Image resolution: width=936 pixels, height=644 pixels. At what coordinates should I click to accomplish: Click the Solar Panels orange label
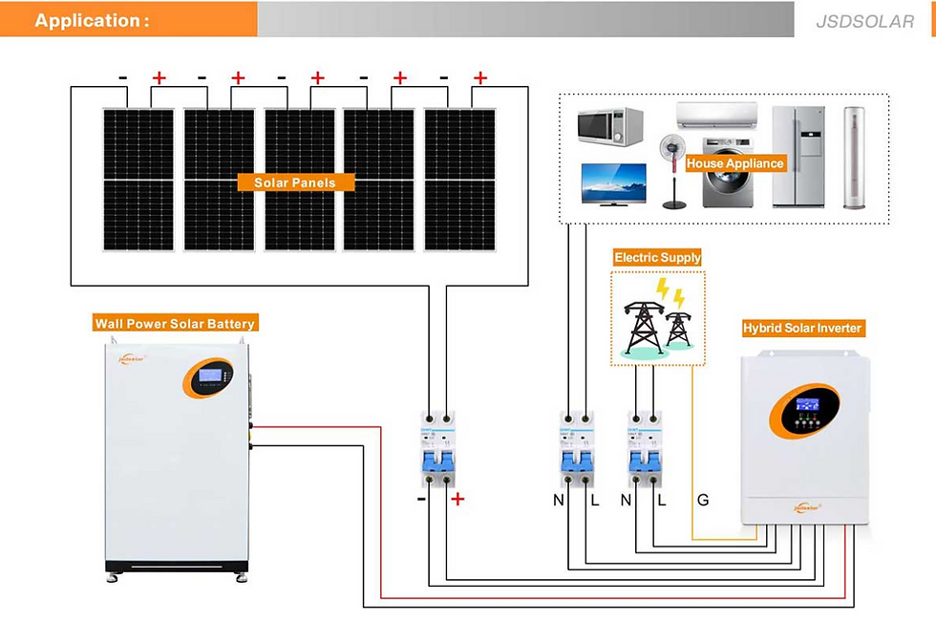click(x=294, y=182)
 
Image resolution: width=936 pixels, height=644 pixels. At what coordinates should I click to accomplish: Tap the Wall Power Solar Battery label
click(x=175, y=324)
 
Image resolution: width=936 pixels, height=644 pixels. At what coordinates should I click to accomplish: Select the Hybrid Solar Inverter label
click(x=802, y=328)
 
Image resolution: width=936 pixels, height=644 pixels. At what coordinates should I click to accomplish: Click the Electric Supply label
click(x=657, y=257)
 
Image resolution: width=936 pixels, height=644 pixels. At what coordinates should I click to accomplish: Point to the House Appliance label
click(x=734, y=163)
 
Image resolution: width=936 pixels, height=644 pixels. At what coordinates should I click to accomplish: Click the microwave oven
click(x=609, y=126)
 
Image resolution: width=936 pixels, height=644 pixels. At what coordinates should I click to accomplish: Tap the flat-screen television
click(x=613, y=183)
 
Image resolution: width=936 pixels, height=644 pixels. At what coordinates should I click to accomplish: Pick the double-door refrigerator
click(x=798, y=156)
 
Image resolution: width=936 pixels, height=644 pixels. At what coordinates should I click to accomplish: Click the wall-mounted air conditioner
click(x=716, y=116)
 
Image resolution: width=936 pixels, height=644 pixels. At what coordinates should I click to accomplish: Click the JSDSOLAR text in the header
click(x=865, y=21)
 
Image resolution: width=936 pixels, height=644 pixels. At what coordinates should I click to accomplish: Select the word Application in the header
click(x=91, y=20)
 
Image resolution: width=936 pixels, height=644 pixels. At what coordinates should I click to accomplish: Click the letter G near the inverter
click(x=703, y=500)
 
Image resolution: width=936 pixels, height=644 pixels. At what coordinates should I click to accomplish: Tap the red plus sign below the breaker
click(x=457, y=499)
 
